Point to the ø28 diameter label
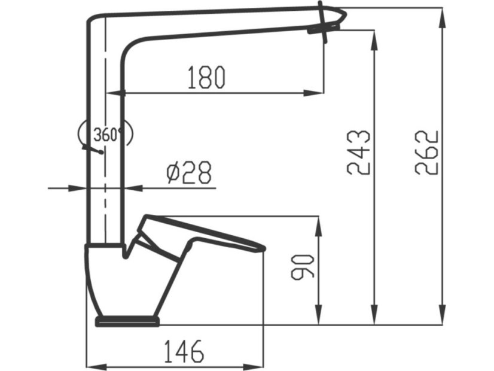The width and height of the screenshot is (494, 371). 188,174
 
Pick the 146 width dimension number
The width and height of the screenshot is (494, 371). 184,351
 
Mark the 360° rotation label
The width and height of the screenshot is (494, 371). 106,135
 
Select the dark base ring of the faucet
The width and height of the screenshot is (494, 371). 127,322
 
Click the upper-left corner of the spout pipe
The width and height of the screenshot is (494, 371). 91,20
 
